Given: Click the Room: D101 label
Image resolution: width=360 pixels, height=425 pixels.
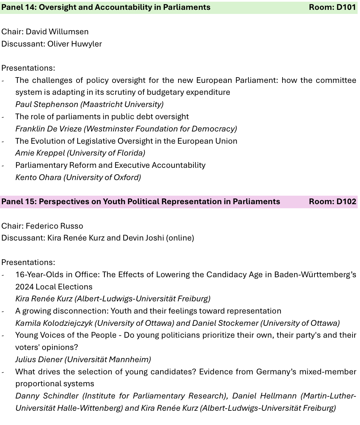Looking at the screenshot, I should (332, 7).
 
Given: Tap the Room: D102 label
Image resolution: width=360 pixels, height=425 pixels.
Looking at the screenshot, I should (332, 201).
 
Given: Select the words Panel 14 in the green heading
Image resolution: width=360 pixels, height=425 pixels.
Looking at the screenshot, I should (18, 7).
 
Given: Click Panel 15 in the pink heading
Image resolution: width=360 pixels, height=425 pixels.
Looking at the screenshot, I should (18, 201).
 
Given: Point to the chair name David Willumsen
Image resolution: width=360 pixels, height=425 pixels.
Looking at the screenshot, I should (57, 32).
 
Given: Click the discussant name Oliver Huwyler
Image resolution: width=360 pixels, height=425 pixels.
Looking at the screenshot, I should (74, 44).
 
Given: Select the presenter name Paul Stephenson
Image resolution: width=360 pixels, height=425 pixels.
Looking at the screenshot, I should (47, 104).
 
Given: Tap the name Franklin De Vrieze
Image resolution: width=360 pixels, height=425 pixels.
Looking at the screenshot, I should (48, 129).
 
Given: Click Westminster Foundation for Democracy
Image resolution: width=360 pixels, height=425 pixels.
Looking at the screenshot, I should (160, 129).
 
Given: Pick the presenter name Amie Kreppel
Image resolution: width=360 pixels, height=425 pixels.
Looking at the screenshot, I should (40, 153).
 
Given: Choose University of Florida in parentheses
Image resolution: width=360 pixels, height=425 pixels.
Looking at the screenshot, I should (106, 153).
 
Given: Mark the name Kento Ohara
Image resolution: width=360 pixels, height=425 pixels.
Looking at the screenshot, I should (38, 177).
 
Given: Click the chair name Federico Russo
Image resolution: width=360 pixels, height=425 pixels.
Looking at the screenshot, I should (54, 226).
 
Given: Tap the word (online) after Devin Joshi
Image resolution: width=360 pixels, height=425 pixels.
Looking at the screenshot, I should (180, 238).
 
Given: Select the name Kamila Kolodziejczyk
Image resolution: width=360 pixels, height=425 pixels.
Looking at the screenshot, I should (54, 323).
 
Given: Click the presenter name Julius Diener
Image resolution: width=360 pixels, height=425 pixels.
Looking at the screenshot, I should (39, 359).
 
